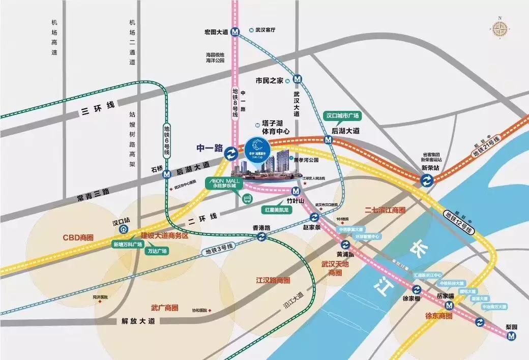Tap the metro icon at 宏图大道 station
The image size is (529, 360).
tap(234, 32)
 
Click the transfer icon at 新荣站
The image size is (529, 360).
tap(426, 179)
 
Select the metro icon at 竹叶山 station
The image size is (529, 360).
tap(296, 192)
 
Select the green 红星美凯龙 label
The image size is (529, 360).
tap(275, 209)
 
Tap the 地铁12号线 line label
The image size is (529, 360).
tap(458, 222)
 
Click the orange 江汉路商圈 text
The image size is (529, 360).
tap(273, 280)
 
